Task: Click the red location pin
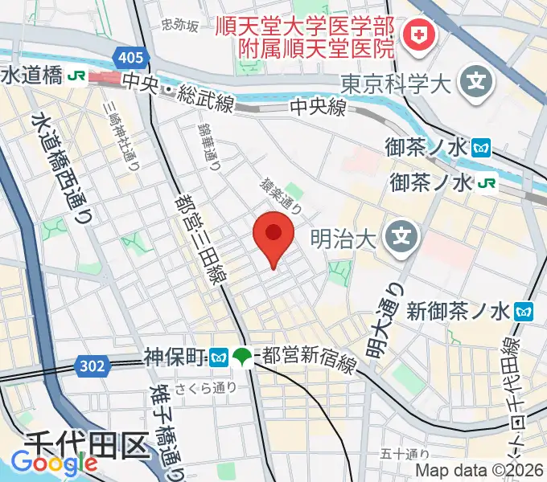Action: (273, 235)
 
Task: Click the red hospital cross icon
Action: (418, 35)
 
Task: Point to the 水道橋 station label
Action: (31, 76)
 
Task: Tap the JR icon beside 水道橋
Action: (78, 76)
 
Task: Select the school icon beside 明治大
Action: (398, 237)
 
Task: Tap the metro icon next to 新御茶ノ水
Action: (524, 308)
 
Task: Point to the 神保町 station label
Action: (175, 355)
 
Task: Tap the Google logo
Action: (54, 463)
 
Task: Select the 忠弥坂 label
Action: (179, 26)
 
